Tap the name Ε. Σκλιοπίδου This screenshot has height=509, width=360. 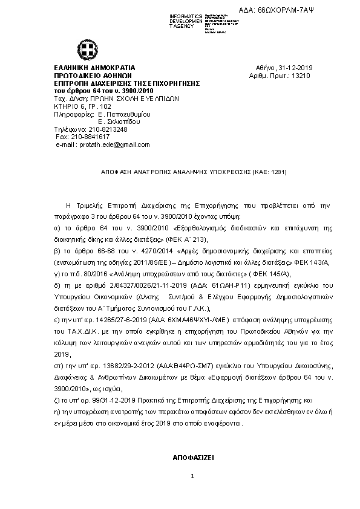(x=119, y=121)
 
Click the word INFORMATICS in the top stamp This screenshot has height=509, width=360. (x=186, y=15)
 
